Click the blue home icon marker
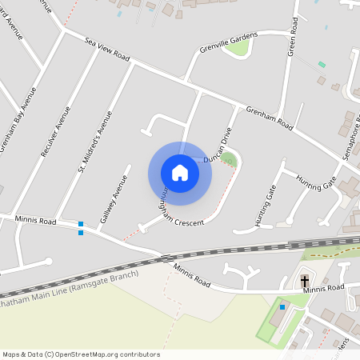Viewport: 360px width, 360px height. [180, 173]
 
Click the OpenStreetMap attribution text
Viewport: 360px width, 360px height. [80, 354]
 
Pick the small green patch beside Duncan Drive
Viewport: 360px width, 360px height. [230, 158]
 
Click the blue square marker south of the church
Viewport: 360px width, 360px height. [282, 306]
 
